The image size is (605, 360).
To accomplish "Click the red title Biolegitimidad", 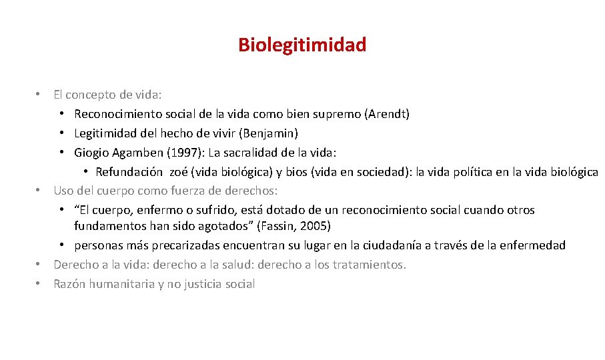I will click(x=302, y=45).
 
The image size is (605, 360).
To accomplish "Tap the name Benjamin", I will click(x=273, y=133).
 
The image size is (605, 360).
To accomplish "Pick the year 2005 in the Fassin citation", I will click(x=316, y=226).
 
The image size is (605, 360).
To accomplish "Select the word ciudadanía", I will click(x=362, y=245).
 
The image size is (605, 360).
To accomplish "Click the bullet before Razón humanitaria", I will click(x=39, y=284).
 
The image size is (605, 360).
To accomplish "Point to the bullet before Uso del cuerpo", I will click(x=39, y=191).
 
